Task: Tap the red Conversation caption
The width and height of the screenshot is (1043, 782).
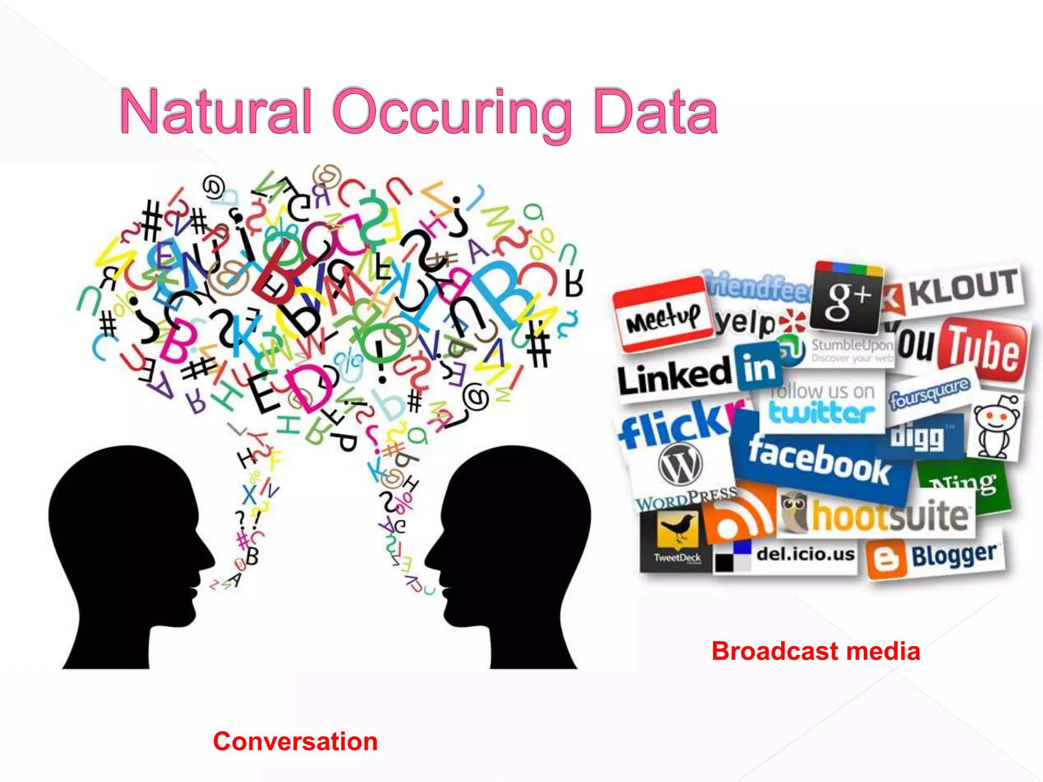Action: (x=295, y=741)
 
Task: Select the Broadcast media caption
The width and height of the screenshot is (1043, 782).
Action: (x=815, y=651)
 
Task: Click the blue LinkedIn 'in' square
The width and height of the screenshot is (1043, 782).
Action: (x=758, y=367)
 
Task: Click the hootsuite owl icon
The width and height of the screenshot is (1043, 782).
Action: (x=795, y=513)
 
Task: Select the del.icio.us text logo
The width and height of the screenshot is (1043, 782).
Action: (x=805, y=554)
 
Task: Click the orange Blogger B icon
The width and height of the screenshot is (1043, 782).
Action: (x=887, y=560)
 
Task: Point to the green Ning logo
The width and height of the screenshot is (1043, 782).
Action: (x=962, y=484)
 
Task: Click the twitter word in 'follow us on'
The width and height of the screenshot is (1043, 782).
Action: (x=821, y=411)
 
